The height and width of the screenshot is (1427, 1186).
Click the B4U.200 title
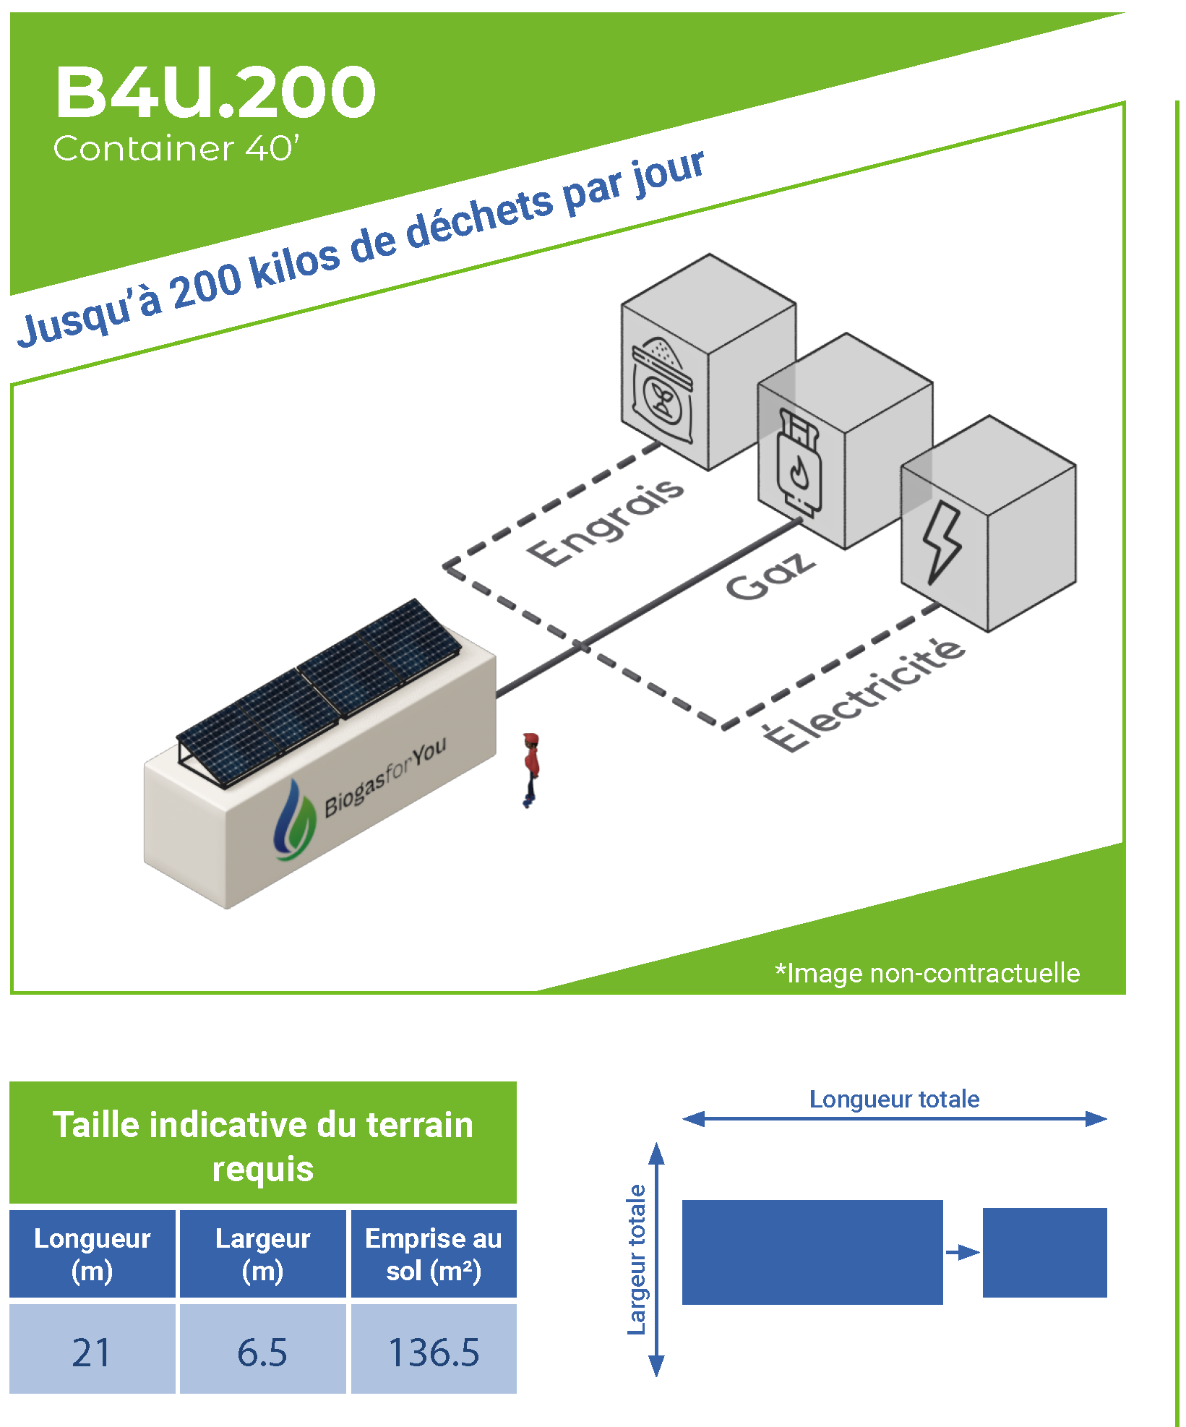click(x=215, y=92)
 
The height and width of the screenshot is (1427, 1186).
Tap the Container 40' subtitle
click(x=176, y=148)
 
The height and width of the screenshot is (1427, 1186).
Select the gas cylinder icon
click(x=797, y=463)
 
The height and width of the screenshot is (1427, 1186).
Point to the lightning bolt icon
click(x=941, y=541)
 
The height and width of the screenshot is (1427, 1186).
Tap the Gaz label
click(x=770, y=576)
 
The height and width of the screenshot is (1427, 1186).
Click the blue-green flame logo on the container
click(x=293, y=821)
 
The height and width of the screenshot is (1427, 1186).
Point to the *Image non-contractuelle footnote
click(x=927, y=973)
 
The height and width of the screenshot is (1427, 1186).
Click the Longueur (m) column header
click(x=93, y=1255)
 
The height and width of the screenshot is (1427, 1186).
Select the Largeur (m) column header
click(x=262, y=1255)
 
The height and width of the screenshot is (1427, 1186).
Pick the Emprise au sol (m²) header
click(x=434, y=1255)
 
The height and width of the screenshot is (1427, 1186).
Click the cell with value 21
click(x=92, y=1353)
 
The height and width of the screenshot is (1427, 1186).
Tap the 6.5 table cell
click(x=262, y=1353)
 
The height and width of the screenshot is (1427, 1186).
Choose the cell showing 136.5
click(x=434, y=1353)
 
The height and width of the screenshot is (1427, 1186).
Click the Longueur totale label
click(x=894, y=1100)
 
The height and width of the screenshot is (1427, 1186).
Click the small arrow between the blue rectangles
click(x=962, y=1252)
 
